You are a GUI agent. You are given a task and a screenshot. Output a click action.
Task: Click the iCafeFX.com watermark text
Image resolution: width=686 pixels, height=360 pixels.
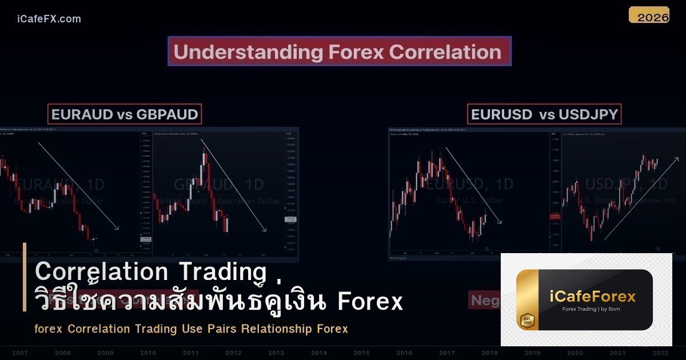(x=49, y=19)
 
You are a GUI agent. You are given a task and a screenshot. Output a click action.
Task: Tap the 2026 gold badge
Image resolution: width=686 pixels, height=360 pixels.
(x=649, y=15)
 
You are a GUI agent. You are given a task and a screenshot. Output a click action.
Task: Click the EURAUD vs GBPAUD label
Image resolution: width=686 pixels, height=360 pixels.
(x=125, y=114)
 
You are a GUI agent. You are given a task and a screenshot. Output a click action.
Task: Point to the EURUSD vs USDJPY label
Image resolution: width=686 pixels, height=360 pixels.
(x=544, y=114)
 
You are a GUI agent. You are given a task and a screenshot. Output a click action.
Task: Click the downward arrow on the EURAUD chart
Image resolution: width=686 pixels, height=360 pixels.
(x=78, y=186)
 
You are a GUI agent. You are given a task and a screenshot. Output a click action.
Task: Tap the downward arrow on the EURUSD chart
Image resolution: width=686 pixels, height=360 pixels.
(x=473, y=186)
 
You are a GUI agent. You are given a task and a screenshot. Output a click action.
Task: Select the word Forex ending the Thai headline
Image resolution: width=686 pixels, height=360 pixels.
(x=370, y=302)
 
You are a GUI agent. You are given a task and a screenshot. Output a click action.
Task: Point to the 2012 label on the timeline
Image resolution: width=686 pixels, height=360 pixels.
(x=233, y=353)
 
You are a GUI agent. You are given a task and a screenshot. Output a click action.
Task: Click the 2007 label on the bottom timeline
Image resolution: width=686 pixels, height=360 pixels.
(x=19, y=353)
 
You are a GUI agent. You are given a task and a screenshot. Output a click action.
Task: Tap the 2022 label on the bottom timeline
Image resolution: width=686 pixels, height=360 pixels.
(x=661, y=353)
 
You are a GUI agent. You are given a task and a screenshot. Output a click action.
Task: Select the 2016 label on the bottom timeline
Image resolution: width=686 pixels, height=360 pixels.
(x=404, y=353)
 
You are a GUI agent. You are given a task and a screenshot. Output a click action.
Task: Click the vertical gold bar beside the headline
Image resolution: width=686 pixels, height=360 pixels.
(x=25, y=277)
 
